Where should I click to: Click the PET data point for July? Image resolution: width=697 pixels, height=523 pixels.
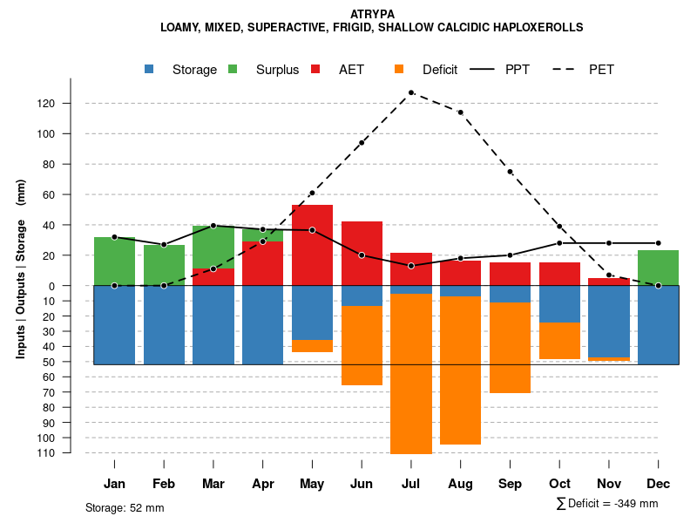(411, 92)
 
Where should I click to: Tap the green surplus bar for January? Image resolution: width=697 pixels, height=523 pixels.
(114, 261)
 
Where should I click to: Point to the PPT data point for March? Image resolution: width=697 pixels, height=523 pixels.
(213, 226)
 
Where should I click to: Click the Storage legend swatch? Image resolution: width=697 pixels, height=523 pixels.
(150, 70)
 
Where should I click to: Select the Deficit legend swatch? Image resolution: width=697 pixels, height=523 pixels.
(400, 70)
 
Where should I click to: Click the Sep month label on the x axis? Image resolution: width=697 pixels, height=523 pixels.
(510, 484)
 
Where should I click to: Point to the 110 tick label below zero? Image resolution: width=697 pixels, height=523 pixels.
(70, 452)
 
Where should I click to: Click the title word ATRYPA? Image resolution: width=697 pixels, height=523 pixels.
(372, 14)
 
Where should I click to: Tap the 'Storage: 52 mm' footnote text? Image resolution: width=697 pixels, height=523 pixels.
(125, 507)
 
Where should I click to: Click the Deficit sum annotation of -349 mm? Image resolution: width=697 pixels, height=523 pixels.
(608, 504)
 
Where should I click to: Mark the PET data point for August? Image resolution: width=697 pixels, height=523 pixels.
(460, 112)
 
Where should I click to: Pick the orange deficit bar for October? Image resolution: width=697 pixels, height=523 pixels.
(559, 340)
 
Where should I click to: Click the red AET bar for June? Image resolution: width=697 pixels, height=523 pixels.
(362, 254)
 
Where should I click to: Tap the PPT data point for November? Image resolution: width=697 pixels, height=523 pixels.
(609, 243)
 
